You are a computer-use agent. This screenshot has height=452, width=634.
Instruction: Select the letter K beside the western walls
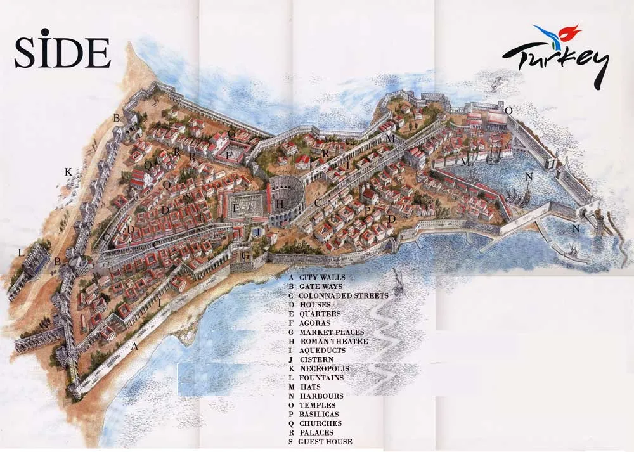(68, 172)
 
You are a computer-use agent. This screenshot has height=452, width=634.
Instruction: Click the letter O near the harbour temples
(508, 111)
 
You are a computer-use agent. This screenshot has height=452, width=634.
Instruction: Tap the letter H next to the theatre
(280, 204)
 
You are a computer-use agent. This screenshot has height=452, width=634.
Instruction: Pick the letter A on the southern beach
(134, 347)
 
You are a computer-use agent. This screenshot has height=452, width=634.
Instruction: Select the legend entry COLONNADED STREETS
(343, 295)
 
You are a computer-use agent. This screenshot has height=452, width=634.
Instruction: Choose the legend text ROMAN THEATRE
(334, 341)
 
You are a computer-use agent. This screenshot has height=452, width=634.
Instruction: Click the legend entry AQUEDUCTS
(323, 351)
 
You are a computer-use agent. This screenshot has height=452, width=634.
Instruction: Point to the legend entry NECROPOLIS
(324, 369)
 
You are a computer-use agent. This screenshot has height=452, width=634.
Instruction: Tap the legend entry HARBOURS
(321, 396)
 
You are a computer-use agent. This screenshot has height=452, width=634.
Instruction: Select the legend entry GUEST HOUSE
(325, 442)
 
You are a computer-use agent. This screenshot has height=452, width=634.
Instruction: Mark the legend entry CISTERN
(316, 359)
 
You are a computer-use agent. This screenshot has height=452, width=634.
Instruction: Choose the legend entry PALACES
(316, 432)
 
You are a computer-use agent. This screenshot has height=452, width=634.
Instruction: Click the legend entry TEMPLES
(318, 405)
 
